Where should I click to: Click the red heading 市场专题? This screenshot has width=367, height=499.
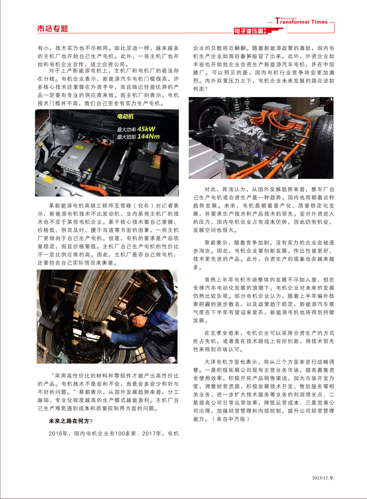pyautogui.click(x=52, y=29)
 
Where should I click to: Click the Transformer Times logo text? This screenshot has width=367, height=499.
pyautogui.click(x=301, y=21)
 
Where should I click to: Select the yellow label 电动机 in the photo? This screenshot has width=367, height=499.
pyautogui.click(x=125, y=116)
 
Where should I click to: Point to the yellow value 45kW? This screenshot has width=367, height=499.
pyautogui.click(x=146, y=129)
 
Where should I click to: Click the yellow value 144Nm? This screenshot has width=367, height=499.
pyautogui.click(x=149, y=136)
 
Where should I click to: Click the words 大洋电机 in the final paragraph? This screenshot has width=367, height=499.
pyautogui.click(x=216, y=362)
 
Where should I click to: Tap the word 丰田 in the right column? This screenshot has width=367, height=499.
pyautogui.click(x=199, y=64)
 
